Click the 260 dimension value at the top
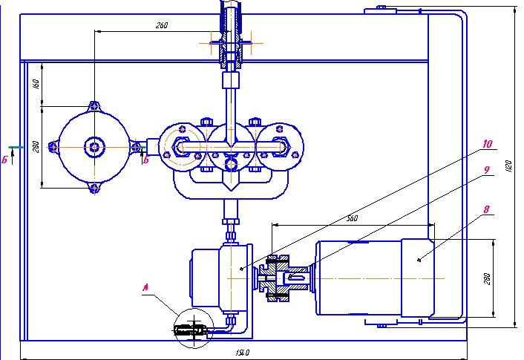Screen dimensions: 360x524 162,26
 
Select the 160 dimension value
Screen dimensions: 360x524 36,84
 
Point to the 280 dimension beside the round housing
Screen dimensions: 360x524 36,147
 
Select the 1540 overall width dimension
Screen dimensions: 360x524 243,352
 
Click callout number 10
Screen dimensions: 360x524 486,143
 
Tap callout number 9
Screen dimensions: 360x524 486,170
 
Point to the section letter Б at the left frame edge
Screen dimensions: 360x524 5,159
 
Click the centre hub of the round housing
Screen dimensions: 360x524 94,147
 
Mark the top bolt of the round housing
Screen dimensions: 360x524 94,106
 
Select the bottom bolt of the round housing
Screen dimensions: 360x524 94,189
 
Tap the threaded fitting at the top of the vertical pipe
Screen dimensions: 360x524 229,50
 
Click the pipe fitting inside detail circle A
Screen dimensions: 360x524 191,329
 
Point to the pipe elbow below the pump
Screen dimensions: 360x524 232,322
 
